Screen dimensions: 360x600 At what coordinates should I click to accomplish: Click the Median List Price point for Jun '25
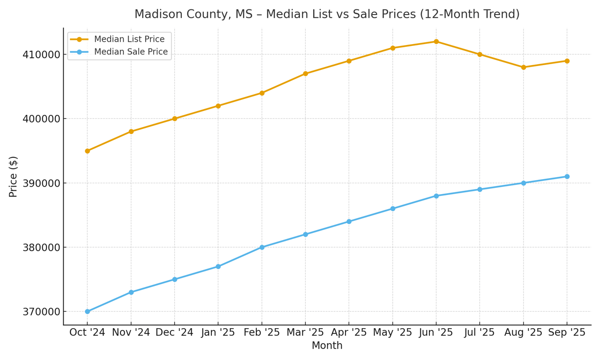(436, 42)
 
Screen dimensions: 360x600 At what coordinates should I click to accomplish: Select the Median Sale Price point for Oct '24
(87, 311)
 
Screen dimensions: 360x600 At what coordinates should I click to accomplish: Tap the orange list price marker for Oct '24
(87, 151)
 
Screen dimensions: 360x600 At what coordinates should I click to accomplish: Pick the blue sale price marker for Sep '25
(567, 177)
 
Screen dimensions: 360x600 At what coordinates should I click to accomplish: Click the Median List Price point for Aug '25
(523, 67)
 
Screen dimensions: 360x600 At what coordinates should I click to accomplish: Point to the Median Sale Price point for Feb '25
(262, 247)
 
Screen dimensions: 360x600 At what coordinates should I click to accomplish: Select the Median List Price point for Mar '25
(305, 74)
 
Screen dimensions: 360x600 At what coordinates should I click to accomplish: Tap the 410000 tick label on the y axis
(42, 55)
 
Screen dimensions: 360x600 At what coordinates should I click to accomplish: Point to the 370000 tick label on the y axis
(42, 312)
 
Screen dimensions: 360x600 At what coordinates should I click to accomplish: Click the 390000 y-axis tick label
(42, 183)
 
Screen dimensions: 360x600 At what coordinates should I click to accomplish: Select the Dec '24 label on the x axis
(174, 332)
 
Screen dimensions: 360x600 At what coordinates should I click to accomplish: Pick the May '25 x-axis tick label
(392, 332)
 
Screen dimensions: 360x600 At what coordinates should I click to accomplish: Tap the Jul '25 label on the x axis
(480, 332)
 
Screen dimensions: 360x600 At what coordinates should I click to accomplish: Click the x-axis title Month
(327, 346)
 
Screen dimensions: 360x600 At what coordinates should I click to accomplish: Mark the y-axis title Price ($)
(14, 177)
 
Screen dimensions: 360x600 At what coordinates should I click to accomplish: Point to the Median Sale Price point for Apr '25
(349, 221)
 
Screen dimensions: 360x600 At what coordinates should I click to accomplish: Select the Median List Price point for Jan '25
(218, 106)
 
